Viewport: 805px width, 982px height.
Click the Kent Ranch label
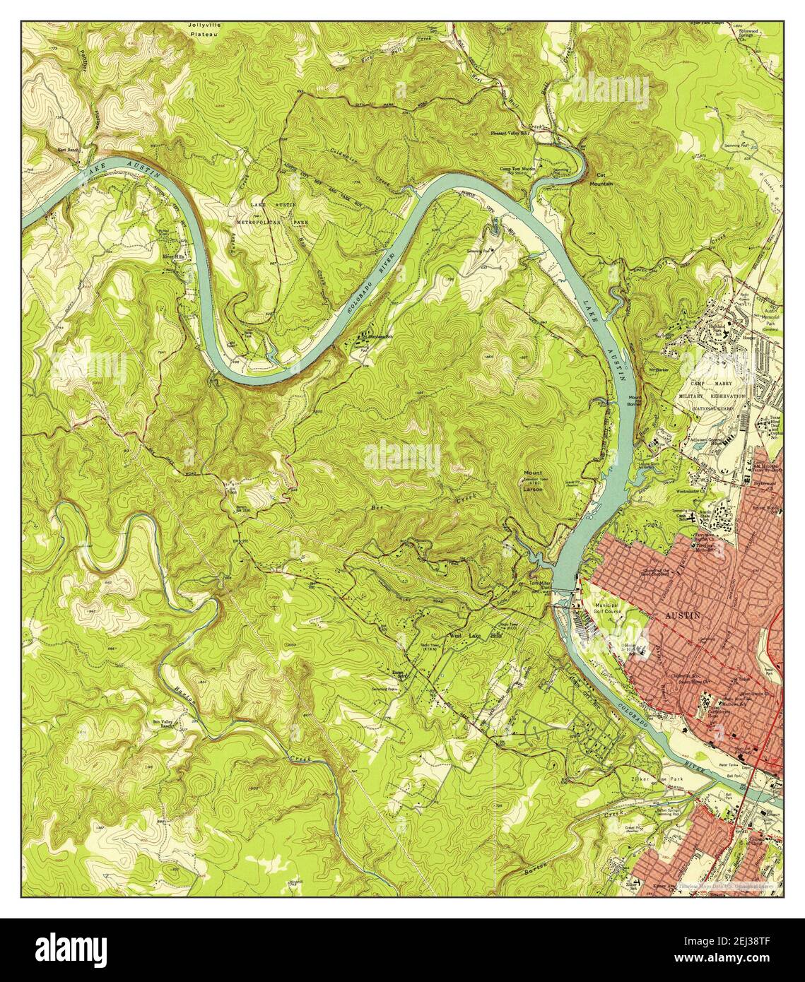coord(70,150)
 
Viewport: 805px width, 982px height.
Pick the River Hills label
coord(172,256)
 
